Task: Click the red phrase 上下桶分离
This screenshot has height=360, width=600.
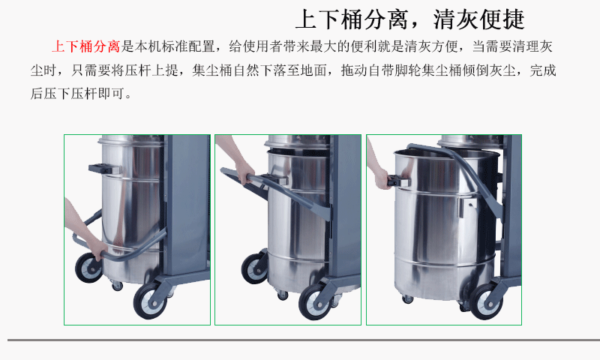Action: click(86, 46)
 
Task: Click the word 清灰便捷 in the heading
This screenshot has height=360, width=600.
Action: click(478, 19)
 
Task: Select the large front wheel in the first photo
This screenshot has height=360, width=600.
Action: click(150, 301)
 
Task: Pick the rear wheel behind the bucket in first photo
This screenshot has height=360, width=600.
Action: click(88, 268)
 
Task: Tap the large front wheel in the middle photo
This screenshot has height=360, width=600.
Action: click(316, 301)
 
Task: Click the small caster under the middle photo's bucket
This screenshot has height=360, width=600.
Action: click(283, 295)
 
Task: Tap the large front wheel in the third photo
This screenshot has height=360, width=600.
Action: click(487, 301)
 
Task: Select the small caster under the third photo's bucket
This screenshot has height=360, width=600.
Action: click(407, 298)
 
